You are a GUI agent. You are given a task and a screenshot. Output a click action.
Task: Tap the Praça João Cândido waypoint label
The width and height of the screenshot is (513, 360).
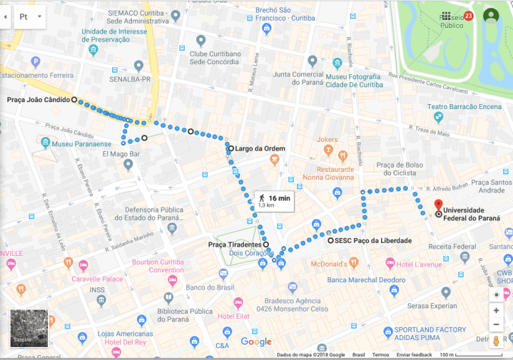[x=39, y=100]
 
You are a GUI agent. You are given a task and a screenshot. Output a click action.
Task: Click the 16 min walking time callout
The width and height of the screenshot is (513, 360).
[x=274, y=201]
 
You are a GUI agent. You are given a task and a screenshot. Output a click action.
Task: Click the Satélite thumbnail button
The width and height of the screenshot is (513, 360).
[x=29, y=328]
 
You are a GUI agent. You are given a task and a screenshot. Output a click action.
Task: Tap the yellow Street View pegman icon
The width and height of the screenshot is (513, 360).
[x=496, y=341]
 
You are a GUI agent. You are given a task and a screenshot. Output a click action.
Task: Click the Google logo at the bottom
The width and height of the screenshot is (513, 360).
[x=255, y=341]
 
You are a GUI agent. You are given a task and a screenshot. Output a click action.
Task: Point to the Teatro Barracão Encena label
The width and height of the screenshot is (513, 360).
[x=464, y=106]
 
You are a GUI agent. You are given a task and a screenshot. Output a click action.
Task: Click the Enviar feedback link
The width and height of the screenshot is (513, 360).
[x=414, y=354]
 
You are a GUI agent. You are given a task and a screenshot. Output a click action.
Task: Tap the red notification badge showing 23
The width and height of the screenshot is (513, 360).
[x=468, y=16]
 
